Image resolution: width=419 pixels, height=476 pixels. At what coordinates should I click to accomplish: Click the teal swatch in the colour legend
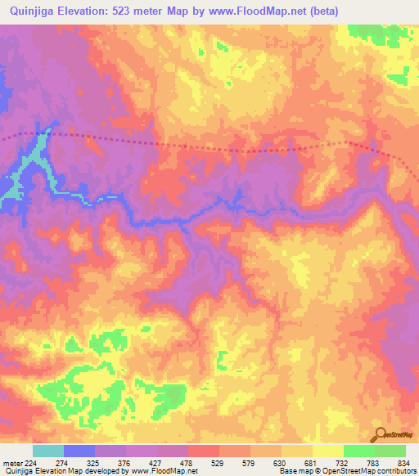coord(48,451)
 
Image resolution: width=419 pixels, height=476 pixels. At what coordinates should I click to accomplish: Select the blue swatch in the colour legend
coord(79,451)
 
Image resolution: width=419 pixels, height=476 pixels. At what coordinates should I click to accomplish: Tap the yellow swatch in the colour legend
coord(328,451)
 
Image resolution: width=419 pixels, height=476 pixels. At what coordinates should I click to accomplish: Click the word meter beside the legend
coord(11,463)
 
